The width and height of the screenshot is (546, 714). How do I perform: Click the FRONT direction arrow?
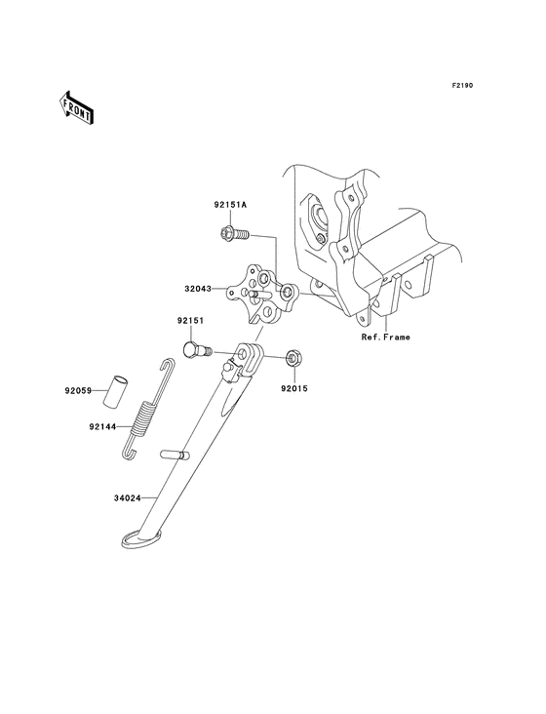click(x=77, y=106)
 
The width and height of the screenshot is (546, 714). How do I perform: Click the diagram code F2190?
click(x=461, y=86)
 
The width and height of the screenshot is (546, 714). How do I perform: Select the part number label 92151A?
click(x=231, y=205)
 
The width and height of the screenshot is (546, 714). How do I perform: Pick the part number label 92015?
click(x=294, y=386)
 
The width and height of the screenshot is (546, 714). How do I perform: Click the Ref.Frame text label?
click(x=385, y=337)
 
